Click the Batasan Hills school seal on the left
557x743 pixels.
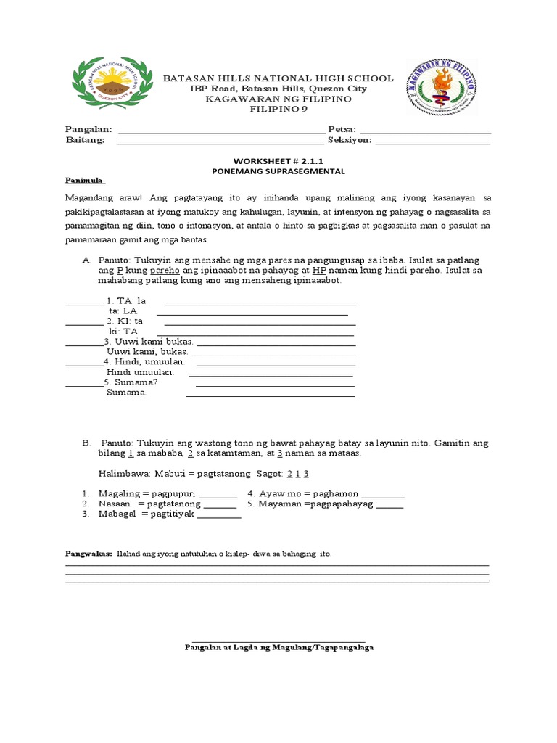tap(112, 86)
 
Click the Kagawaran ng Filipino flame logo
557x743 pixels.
tap(441, 88)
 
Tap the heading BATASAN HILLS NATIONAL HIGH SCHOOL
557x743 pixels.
tap(278, 78)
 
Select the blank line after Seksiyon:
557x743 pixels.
tap(433, 141)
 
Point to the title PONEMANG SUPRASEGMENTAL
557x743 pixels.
tap(278, 171)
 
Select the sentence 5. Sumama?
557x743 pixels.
tap(131, 382)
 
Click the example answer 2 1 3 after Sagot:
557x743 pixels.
tap(298, 474)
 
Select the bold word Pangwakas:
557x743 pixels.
tap(87, 554)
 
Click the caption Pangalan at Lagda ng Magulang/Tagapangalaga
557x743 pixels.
tap(279, 646)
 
